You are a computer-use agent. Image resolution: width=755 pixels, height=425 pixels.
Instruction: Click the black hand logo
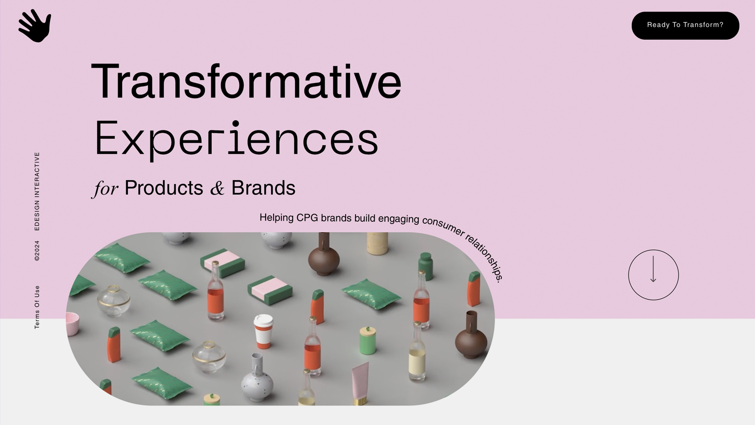pos(35,26)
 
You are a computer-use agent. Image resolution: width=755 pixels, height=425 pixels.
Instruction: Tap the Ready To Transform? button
pos(685,26)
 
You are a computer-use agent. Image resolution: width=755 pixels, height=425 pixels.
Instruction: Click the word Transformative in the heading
pos(246,81)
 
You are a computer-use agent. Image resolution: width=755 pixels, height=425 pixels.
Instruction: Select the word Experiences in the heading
pos(236,139)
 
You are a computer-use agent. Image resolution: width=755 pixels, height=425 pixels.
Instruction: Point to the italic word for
pos(105,188)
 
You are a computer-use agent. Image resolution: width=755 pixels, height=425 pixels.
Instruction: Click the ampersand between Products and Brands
pos(217,188)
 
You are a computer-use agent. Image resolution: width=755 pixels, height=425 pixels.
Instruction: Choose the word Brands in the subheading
pos(263,187)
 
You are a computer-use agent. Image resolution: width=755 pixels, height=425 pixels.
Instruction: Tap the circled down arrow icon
pos(653,275)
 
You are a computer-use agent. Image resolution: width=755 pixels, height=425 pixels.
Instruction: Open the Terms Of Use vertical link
pos(37,307)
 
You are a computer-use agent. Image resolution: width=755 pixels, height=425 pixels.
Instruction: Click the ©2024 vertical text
pos(37,251)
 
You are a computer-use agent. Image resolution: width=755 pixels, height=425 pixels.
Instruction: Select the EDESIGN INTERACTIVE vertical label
pos(37,191)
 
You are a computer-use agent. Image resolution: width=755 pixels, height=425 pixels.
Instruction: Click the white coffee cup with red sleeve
pos(263,331)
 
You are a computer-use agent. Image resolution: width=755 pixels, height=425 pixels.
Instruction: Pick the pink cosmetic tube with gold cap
pos(360,383)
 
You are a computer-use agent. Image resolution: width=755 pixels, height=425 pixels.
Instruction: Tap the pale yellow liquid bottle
pos(417,352)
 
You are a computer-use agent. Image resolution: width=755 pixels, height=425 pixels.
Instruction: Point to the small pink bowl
pos(72,324)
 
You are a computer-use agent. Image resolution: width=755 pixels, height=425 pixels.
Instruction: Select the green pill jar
pos(426,266)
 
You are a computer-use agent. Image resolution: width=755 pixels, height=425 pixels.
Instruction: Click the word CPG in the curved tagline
pos(307,218)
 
